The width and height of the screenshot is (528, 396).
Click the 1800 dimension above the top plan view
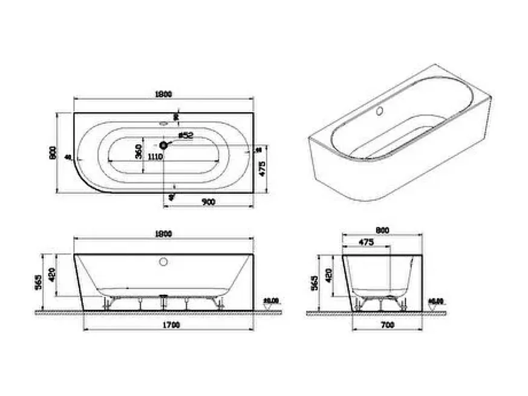pyautogui.click(x=163, y=94)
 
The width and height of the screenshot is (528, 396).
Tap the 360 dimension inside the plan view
pyautogui.click(x=138, y=151)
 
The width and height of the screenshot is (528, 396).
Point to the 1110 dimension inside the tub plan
pyautogui.click(x=155, y=157)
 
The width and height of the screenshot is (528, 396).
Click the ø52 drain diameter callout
pyautogui.click(x=185, y=136)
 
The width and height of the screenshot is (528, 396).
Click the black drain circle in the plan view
pyautogui.click(x=163, y=145)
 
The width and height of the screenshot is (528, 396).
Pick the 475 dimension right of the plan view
pyautogui.click(x=262, y=170)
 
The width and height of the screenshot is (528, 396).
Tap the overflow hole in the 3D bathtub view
pyautogui.click(x=380, y=112)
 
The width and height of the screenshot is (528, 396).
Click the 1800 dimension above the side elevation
pyautogui.click(x=163, y=233)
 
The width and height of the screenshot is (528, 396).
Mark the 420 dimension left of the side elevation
pyautogui.click(x=53, y=274)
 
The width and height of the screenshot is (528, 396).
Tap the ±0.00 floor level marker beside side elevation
pyautogui.click(x=270, y=301)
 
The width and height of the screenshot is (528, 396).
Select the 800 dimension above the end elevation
pyautogui.click(x=382, y=230)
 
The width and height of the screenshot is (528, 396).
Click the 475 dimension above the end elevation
pyautogui.click(x=367, y=242)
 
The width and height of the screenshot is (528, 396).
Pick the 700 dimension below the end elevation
pyautogui.click(x=387, y=326)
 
